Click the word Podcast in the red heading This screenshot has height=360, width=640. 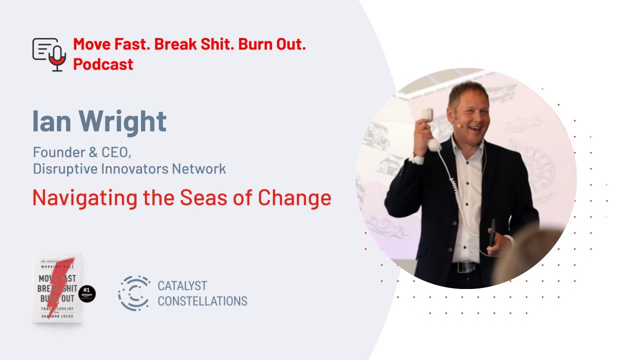(103, 64)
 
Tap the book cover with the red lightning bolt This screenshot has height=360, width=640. (57, 288)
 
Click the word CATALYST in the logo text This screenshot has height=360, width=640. (182, 286)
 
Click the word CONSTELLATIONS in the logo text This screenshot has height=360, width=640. (202, 301)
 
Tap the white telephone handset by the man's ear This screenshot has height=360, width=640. (430, 128)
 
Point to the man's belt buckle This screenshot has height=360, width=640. (463, 267)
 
